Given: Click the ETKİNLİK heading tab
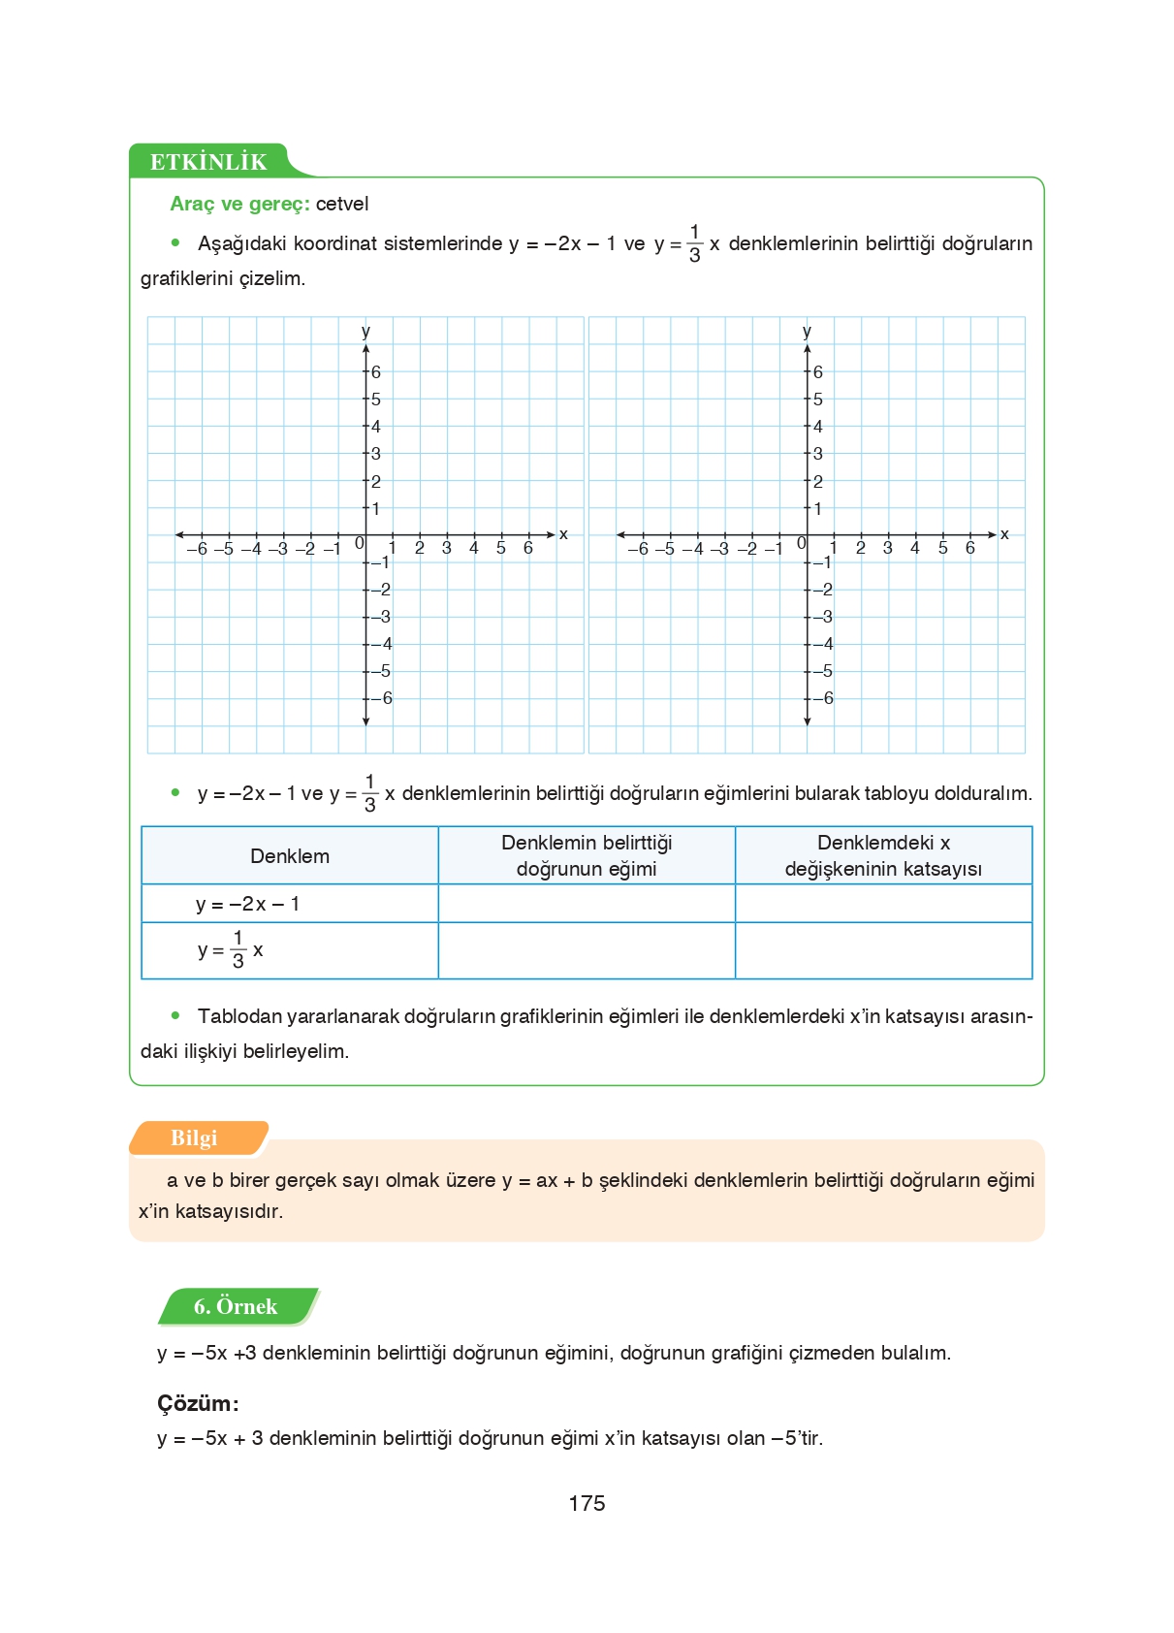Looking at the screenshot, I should tap(208, 162).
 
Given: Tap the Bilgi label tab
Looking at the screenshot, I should tap(194, 1138).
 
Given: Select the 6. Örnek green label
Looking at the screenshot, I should tap(236, 1306).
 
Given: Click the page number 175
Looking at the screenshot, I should tap(587, 1503).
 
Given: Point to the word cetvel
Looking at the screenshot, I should tap(342, 204).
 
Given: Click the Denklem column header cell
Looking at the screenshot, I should tap(290, 855).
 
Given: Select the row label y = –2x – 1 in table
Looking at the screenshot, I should tap(248, 904).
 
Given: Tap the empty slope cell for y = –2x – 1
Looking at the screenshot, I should tap(587, 904).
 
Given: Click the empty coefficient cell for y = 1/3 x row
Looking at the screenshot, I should tap(883, 950).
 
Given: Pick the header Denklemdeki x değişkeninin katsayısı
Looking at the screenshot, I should tap(883, 855).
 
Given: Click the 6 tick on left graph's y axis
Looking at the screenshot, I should tap(376, 372).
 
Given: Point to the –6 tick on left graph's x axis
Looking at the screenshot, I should tap(196, 549).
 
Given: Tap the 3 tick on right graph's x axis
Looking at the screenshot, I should tap(887, 548).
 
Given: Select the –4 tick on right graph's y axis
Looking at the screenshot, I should tap(823, 644).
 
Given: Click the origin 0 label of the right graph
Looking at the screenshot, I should tap(801, 543).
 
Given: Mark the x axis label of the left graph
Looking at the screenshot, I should tap(563, 534).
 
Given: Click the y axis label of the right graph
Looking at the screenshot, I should tap(807, 331).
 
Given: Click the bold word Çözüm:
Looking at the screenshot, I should tap(198, 1403).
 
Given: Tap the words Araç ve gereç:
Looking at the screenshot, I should tap(239, 204).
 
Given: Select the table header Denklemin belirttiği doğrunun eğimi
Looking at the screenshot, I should tap(587, 855).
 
